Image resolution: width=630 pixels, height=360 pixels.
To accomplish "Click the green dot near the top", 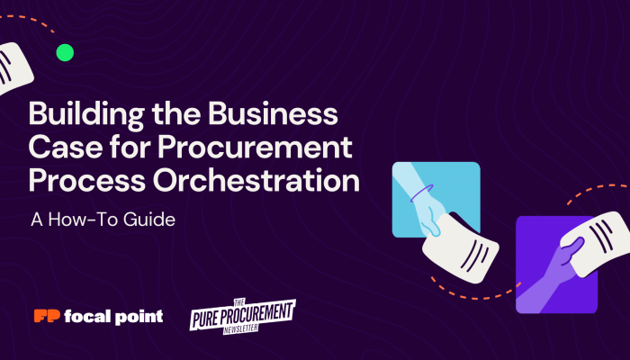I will point(65,52).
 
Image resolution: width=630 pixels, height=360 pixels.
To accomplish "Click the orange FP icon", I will point(46,316).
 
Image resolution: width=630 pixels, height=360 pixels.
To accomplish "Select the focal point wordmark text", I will point(114,316).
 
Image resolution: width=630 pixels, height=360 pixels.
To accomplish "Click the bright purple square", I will point(555,264).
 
